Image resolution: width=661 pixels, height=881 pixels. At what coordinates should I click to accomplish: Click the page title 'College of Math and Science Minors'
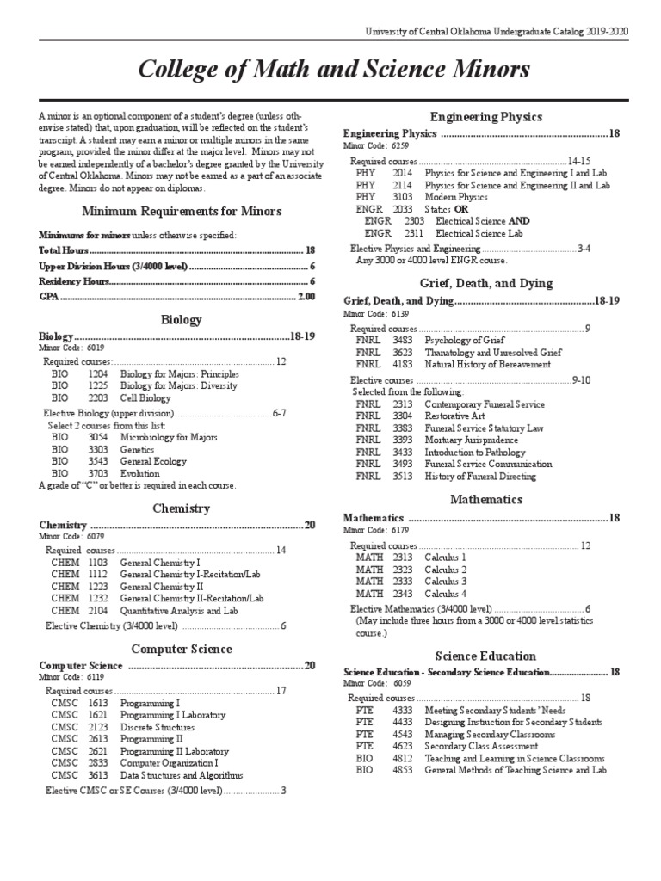coord(335,69)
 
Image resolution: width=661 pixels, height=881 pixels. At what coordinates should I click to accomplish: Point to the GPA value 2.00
coord(306,297)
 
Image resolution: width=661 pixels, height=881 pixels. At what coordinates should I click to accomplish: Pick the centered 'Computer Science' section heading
coord(181,649)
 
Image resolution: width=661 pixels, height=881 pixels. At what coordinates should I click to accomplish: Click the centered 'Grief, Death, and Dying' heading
coord(486,283)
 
